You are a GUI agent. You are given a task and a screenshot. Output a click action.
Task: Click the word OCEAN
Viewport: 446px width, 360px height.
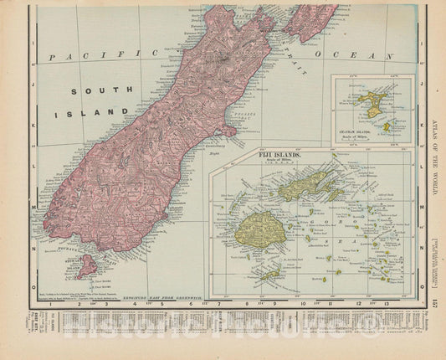(x=383, y=55)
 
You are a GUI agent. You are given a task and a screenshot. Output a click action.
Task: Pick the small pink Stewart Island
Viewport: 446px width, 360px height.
(x=85, y=266)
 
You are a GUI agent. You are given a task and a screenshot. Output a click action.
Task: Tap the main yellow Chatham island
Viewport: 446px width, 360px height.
(x=368, y=104)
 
